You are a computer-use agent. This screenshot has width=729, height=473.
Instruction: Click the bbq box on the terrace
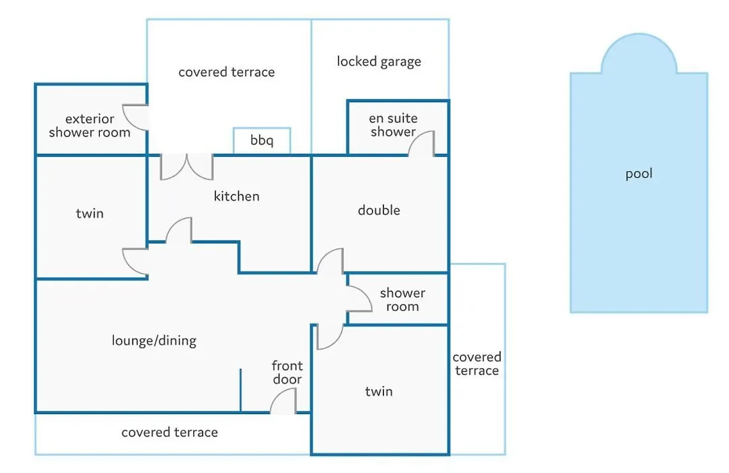(262, 140)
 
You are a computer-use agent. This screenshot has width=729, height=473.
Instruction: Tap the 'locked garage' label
(379, 62)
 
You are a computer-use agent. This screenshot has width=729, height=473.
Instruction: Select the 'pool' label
(639, 174)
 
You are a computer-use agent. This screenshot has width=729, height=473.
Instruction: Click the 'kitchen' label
(237, 196)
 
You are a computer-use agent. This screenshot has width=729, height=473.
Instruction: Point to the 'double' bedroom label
(379, 210)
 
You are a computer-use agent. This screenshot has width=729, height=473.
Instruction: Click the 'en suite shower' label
(394, 125)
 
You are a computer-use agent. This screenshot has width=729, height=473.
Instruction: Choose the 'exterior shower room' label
(90, 126)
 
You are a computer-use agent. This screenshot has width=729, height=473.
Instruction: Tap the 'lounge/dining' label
(154, 341)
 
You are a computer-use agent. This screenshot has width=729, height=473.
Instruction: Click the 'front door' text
(288, 372)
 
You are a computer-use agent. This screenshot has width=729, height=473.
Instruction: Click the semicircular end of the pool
(639, 53)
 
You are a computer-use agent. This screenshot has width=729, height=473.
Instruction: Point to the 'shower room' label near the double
(402, 300)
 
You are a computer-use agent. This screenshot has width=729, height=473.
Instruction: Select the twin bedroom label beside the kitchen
(90, 214)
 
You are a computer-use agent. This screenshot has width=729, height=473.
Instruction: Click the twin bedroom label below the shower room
(379, 391)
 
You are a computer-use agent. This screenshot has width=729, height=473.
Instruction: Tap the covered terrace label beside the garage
(226, 72)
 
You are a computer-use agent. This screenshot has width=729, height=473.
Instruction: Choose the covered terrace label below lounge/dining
(169, 432)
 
